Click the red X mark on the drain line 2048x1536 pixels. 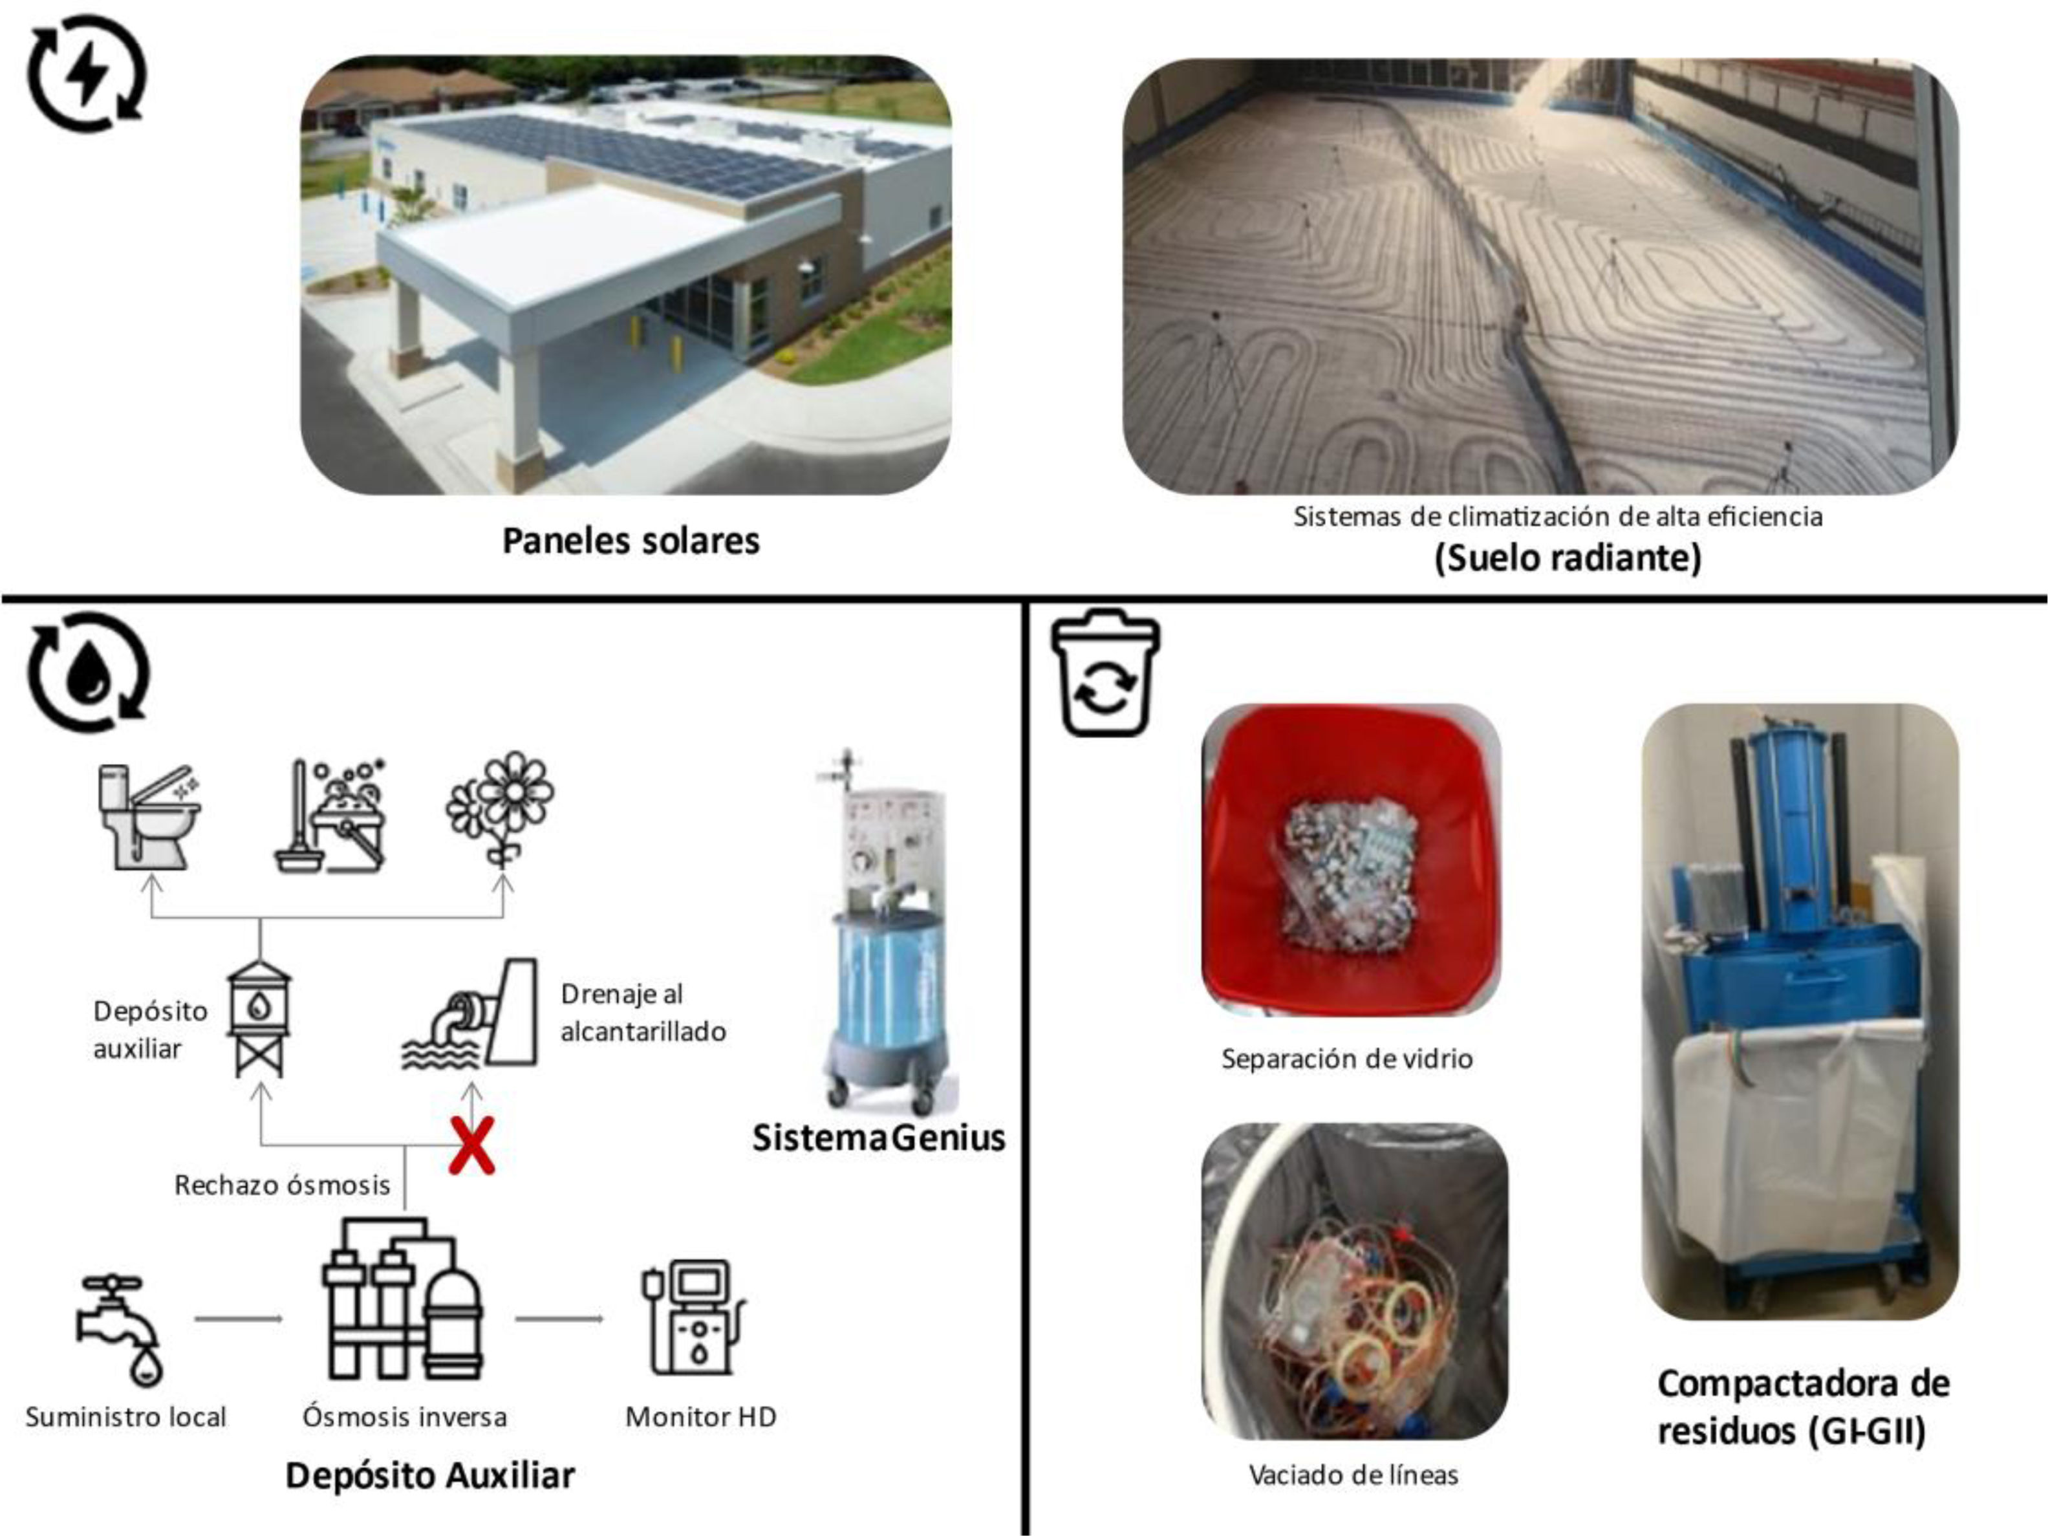pos(471,1146)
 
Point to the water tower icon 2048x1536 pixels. pos(259,1019)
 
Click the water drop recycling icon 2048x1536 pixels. pos(88,671)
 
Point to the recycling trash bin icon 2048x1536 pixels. pos(1105,673)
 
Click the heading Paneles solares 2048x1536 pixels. pos(631,541)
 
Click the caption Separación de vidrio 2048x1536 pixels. pos(1346,1058)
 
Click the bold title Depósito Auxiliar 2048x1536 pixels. pos(429,1476)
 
